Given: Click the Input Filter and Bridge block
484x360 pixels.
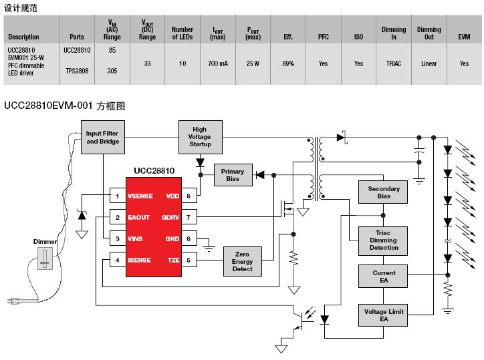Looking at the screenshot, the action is pos(103,138).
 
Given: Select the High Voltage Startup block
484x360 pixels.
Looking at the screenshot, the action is pos(201,137).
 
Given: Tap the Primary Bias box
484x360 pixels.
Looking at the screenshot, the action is pos(233,175).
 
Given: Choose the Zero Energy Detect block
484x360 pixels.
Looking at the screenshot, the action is pos(242,261).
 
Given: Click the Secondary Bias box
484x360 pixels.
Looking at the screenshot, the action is pos(383,192).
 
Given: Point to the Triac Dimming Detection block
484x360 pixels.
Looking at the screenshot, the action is pos(383,241).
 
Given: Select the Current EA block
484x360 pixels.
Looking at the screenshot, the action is pos(383,277).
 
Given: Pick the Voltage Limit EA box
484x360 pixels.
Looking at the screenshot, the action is pos(383,315).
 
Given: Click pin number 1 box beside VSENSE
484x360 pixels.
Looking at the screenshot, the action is pos(118,196).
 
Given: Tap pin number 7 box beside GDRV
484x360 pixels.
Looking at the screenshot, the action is pos(189,217).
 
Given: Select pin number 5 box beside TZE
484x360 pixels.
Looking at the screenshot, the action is pos(189,260).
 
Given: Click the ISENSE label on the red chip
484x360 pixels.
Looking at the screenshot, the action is pos(139,260).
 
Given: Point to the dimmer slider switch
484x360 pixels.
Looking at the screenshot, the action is pos(45,258).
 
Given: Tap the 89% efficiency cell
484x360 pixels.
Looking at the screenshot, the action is pos(288,63).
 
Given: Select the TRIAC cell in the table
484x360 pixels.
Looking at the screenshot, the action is pos(394,63).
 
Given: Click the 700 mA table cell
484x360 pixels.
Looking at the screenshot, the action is pos(218,63).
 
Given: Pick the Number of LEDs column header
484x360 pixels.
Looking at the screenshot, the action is pos(183,33).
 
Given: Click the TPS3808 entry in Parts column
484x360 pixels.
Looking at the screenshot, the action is pos(77,71).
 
